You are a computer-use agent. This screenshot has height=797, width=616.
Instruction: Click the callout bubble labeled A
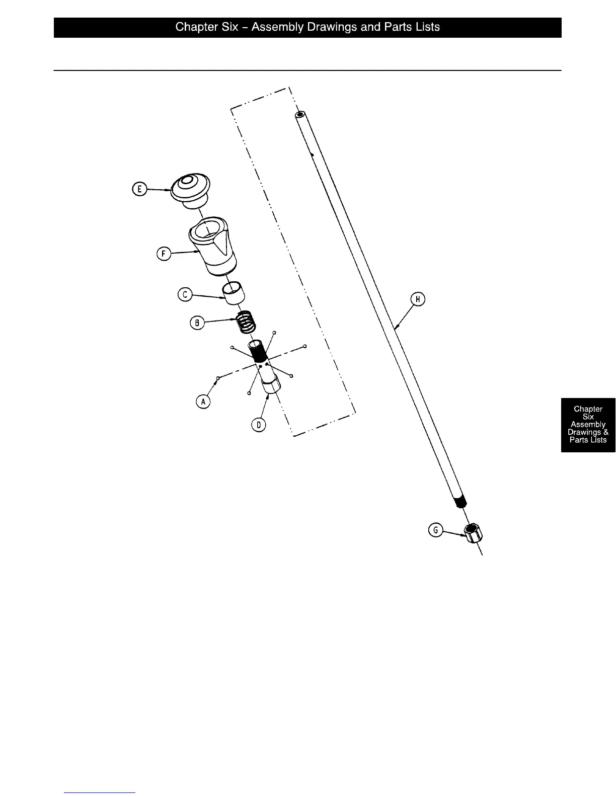coord(203,402)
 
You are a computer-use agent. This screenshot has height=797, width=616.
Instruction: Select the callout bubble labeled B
coord(197,323)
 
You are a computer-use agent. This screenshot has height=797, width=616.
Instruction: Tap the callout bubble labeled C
coord(185,294)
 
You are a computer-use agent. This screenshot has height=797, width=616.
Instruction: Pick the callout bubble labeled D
coord(258,425)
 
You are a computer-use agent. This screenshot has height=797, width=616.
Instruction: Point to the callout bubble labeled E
coord(139,189)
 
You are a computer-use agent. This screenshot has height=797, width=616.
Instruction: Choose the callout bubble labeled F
coord(164,254)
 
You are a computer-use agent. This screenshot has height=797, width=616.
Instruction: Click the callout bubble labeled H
coord(418,299)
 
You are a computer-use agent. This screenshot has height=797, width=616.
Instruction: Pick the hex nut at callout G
coord(473,533)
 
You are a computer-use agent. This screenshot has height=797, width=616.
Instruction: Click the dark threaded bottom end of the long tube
coord(459,501)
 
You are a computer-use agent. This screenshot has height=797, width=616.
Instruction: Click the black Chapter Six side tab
coord(588,425)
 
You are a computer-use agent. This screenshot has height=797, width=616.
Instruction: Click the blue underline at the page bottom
coord(100,792)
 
